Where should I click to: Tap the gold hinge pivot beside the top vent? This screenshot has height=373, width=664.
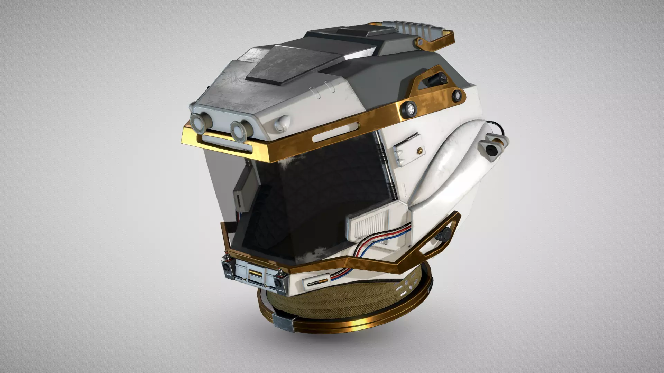point(420,42)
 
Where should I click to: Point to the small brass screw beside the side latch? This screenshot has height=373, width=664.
point(419,150)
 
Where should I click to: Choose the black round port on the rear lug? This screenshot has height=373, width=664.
point(490,150)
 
